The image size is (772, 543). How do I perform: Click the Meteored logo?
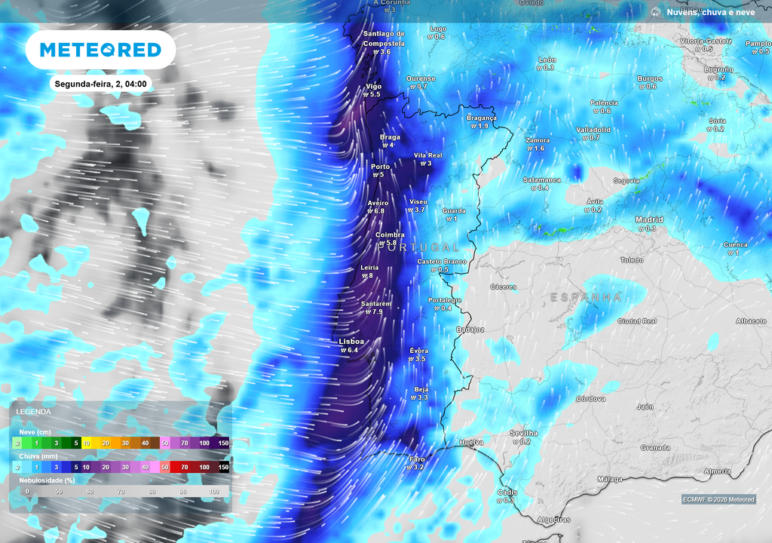coord(100,50)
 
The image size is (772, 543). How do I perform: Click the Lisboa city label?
coord(351,342)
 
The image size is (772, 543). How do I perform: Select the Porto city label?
coord(381,167)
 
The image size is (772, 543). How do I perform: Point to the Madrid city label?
coord(649,219)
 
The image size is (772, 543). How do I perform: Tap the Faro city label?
coord(416,459)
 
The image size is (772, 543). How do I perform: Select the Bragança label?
coord(482,118)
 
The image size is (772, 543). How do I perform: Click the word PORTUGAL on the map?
coord(418,247)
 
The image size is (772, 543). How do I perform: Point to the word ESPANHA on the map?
coord(586,298)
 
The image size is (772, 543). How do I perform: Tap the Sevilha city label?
coord(524,433)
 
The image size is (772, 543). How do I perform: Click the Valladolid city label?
coord(593,130)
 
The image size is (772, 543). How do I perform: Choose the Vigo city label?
coord(374,86)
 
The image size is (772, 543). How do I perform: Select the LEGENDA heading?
coord(34,412)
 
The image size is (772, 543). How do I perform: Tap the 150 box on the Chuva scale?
coord(224,468)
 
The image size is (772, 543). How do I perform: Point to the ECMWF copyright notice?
coord(718,499)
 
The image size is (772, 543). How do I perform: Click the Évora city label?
coord(419,351)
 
